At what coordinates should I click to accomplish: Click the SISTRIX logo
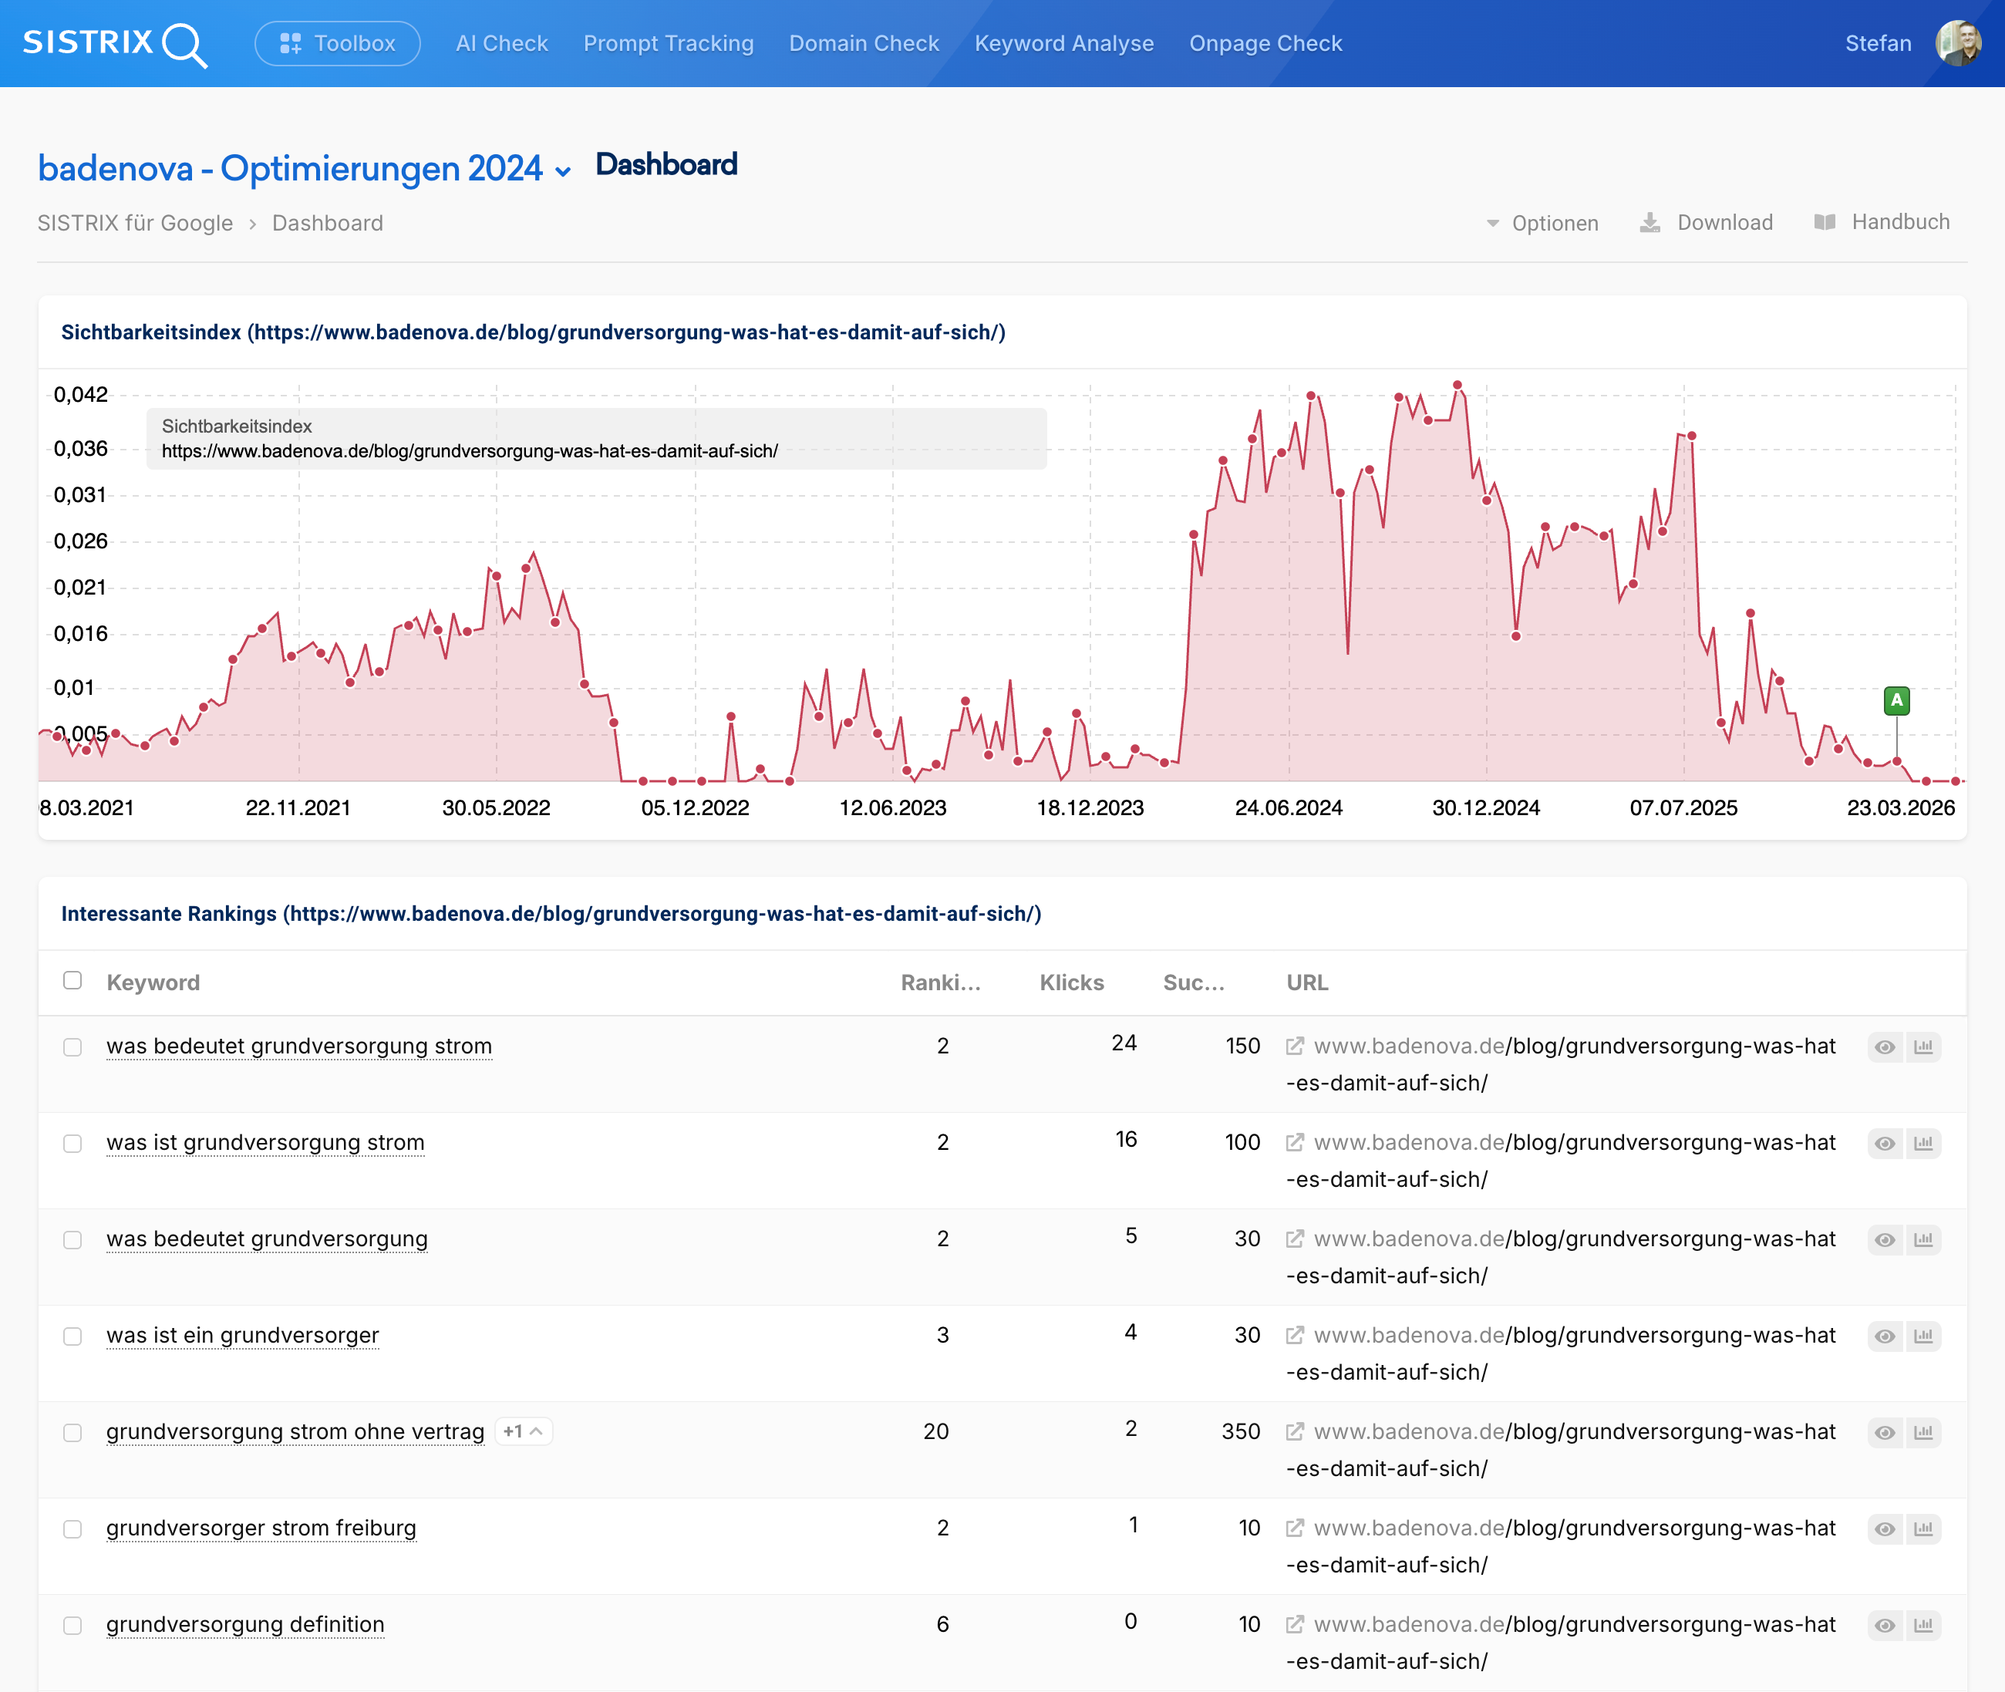pos(114,43)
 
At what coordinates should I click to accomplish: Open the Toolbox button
pos(338,43)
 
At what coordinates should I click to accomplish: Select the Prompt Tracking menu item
pos(669,43)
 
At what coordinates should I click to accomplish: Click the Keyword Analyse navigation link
pos(1063,43)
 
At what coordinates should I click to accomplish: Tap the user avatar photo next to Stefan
pos(1958,43)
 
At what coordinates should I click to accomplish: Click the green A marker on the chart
pos(1895,700)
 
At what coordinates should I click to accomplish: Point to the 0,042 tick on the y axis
pos(80,394)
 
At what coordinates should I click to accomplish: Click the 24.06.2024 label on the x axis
pos(1288,807)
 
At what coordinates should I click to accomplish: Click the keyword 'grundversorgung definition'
pos(245,1624)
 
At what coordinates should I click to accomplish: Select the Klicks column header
pos(1071,983)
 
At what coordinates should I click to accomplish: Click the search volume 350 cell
pos(1240,1431)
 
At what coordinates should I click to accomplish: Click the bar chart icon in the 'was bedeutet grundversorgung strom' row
pos(1922,1047)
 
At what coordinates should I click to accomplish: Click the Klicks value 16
pos(1126,1140)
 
